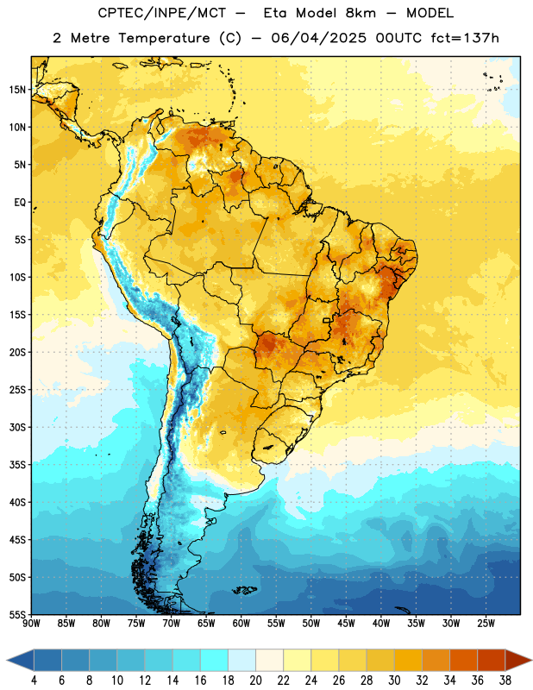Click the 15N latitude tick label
17,90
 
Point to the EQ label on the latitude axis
20,203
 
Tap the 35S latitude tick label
17,465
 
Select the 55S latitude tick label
17,614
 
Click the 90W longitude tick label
32,624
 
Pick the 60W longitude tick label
241,624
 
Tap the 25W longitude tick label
486,624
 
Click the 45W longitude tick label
346,624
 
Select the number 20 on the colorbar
255,681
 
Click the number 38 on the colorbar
505,681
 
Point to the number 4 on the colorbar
34,681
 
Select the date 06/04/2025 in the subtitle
318,38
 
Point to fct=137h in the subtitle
465,38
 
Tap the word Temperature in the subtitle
164,39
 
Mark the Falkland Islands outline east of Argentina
245,590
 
